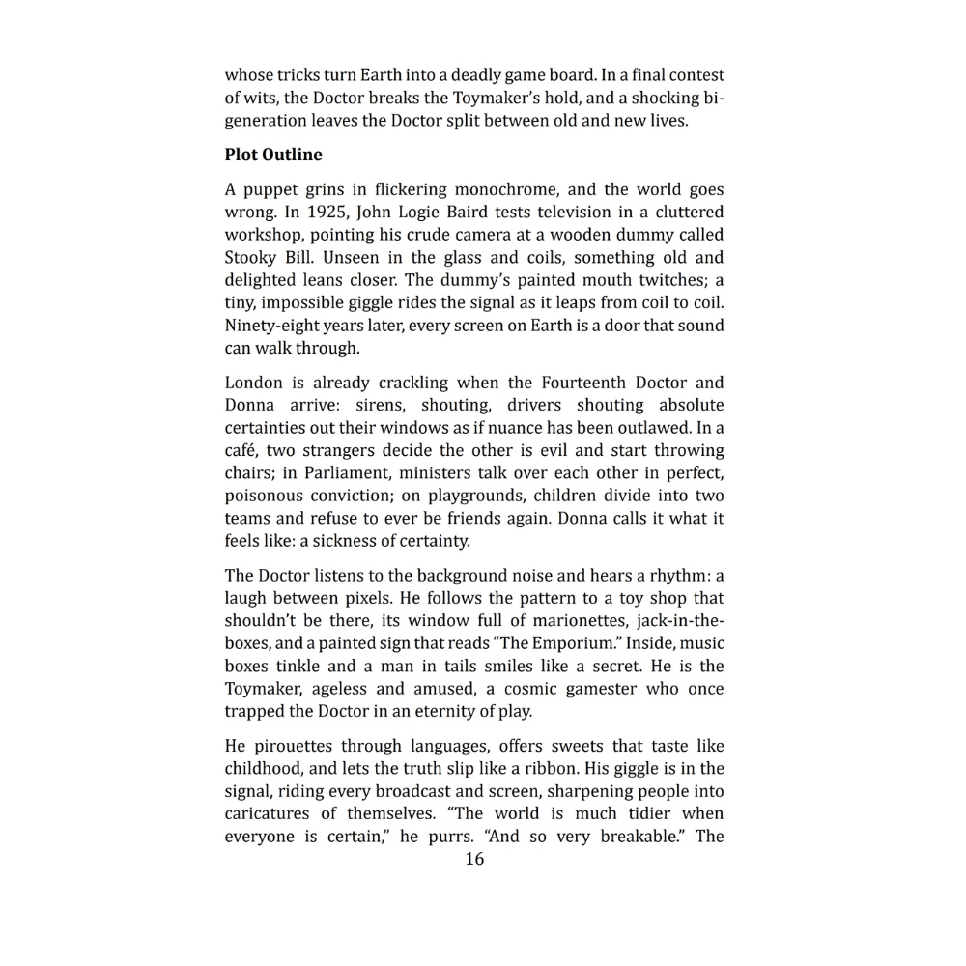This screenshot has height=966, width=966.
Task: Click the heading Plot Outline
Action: tap(273, 155)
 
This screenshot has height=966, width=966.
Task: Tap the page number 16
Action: tap(474, 859)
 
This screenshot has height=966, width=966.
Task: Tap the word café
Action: tap(241, 450)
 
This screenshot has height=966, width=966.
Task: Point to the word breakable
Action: tap(639, 837)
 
